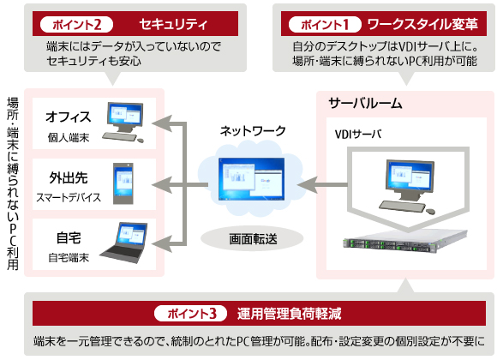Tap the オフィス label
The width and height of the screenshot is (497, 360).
pos(68,117)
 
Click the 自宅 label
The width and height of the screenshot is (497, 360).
pos(68,237)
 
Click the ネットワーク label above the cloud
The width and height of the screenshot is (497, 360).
pos(253,131)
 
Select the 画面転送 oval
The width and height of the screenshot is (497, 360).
pos(252,237)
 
